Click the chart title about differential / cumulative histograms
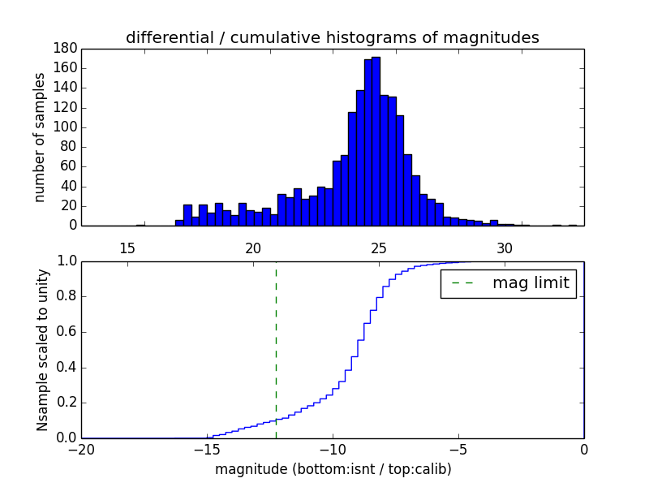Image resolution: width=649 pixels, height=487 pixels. (x=332, y=37)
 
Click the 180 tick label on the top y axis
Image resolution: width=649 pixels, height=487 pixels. (x=66, y=48)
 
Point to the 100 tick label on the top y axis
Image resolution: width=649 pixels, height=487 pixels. (x=66, y=127)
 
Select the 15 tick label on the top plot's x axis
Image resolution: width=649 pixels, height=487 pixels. (x=127, y=248)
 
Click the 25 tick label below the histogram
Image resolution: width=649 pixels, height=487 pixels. (x=379, y=248)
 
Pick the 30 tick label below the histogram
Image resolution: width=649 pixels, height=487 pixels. (x=505, y=248)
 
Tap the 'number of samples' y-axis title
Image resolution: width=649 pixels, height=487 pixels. (x=40, y=137)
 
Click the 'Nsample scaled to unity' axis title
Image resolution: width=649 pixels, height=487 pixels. (x=42, y=349)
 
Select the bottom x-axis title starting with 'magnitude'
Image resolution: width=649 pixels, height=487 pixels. (x=333, y=469)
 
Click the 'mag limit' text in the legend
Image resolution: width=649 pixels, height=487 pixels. (x=531, y=283)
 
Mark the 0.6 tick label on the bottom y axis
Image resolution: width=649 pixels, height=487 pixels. (x=66, y=332)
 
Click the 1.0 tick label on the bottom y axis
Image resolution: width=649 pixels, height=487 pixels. (x=66, y=261)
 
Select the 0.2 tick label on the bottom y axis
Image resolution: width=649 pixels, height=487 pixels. (x=66, y=403)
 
